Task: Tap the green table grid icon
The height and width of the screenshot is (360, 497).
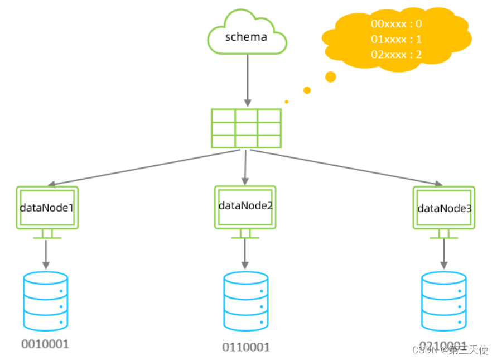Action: coord(246,128)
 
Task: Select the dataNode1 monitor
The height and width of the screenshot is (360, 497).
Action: coord(47,208)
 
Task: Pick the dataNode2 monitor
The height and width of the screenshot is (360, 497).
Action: coord(245,207)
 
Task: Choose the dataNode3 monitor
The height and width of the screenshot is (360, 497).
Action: coord(444,208)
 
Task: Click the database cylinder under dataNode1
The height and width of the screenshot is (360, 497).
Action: coord(46,301)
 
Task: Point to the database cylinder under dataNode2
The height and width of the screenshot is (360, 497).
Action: coord(245,302)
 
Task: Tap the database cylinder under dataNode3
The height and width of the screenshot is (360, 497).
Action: coord(444,302)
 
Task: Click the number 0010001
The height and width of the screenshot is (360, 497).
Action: coord(45,344)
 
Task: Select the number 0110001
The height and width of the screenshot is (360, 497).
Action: coord(246,347)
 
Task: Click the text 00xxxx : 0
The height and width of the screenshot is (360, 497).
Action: coord(396,24)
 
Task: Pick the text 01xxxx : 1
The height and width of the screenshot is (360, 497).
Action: coord(396,40)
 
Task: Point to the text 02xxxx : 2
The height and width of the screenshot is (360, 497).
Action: coord(396,55)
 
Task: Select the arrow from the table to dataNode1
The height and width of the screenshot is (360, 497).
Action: coord(145,167)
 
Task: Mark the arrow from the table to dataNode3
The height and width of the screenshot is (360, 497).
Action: coord(346,167)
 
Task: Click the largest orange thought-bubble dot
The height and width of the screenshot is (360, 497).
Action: coord(331,76)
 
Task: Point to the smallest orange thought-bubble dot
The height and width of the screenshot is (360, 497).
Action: coord(286,102)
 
